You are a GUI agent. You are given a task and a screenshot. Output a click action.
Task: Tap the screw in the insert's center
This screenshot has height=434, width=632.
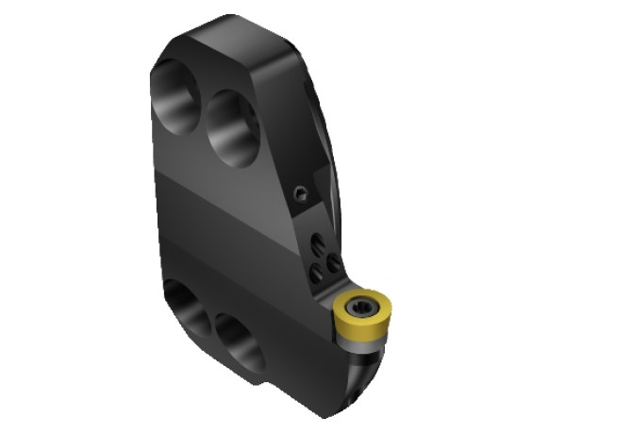pos(360,307)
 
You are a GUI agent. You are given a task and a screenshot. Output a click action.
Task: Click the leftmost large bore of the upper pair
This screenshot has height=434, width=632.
pos(177,93)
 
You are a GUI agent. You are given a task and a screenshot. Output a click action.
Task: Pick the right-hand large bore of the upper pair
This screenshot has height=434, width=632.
pos(233,127)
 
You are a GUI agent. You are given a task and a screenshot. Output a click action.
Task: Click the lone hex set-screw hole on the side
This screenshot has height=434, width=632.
pos(300,194)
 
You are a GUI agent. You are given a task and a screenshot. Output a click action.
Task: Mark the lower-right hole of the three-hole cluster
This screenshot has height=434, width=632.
pos(333,264)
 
